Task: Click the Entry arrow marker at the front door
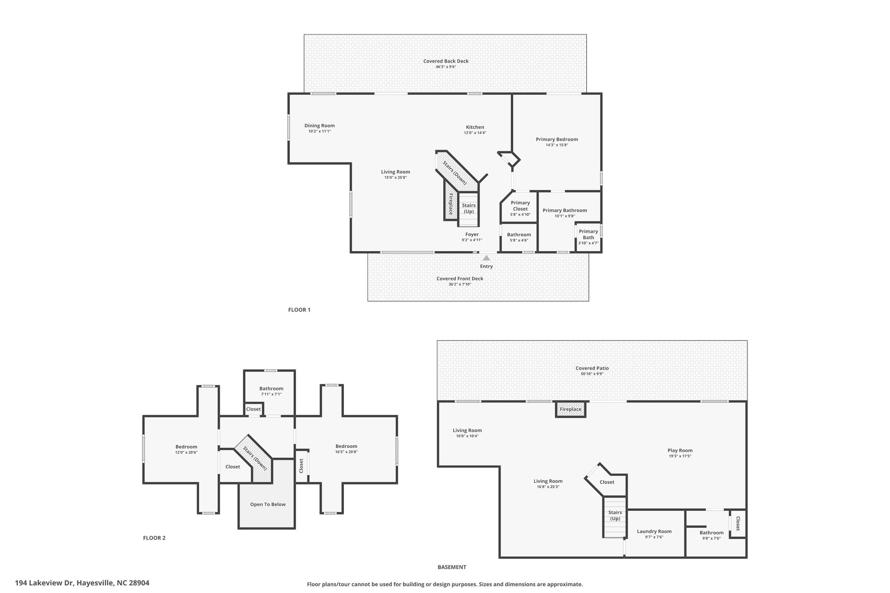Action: (x=486, y=258)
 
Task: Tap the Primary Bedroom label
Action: (x=557, y=139)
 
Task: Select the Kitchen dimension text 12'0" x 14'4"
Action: (x=475, y=133)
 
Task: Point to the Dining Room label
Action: (x=319, y=126)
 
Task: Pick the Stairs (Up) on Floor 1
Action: (x=468, y=209)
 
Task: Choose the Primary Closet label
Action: (x=520, y=205)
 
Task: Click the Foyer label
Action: (x=472, y=235)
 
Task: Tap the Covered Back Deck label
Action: (x=446, y=61)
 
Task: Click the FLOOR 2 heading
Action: (x=154, y=538)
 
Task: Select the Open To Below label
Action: (x=268, y=504)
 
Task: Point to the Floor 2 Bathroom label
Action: (x=271, y=389)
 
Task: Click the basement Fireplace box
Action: (x=571, y=409)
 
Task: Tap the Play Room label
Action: (x=680, y=451)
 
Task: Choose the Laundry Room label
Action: (x=654, y=531)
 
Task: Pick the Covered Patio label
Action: (x=592, y=368)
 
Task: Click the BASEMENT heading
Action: (x=452, y=567)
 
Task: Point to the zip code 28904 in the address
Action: (x=139, y=583)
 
